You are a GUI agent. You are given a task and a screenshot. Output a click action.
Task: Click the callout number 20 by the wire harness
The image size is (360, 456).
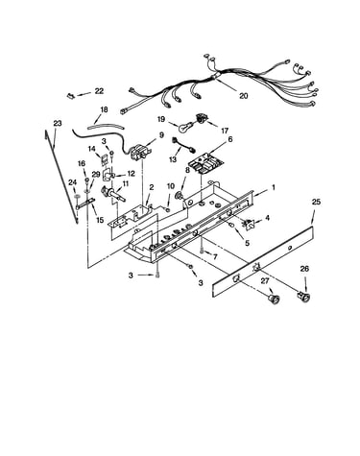244,96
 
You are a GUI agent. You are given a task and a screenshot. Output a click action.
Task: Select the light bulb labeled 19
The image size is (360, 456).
184,127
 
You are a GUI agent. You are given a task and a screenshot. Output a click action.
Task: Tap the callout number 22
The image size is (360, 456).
99,91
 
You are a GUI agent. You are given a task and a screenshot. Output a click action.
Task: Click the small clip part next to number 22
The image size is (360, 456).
70,95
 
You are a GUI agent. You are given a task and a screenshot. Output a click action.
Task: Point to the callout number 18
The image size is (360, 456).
104,109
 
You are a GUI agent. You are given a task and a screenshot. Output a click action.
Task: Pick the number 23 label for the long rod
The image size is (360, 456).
58,123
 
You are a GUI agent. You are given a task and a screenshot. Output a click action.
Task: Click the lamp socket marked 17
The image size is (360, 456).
202,119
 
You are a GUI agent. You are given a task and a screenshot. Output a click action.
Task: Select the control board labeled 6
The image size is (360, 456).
203,162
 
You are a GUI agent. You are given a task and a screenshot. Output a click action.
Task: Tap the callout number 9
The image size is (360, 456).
161,135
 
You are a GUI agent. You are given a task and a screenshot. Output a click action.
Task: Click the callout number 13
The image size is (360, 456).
173,159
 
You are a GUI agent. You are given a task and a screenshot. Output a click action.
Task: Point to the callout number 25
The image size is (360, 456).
316,202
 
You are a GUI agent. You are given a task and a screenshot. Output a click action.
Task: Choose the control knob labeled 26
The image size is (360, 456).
304,297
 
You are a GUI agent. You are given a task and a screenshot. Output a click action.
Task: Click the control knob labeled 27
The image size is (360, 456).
274,299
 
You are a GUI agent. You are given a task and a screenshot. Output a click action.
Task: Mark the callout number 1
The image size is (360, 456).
274,187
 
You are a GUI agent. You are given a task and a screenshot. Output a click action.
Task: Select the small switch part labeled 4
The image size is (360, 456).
250,224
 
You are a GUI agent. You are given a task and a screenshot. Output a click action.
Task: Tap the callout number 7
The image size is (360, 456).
215,256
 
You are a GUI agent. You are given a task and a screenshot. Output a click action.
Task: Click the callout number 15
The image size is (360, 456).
100,220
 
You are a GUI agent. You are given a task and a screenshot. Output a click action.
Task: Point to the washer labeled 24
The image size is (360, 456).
77,196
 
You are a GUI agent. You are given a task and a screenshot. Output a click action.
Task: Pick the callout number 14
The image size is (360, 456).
92,149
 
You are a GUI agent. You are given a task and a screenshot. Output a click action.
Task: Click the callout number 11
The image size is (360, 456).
126,183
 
